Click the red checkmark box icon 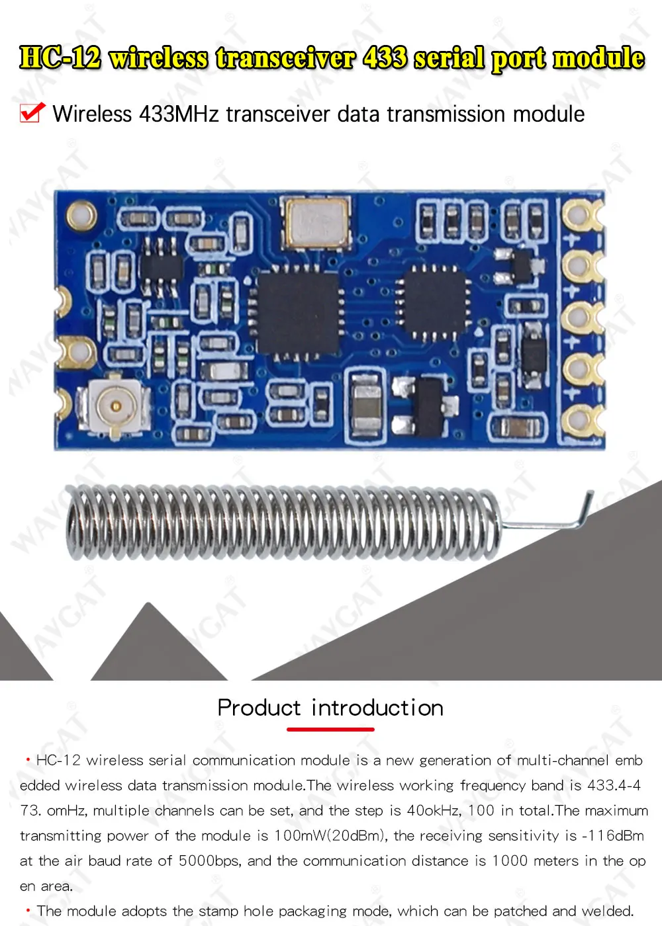tap(32, 113)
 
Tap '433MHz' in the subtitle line tap(179, 114)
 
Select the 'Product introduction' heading tap(330, 708)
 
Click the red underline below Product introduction tap(330, 729)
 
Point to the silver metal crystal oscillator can tap(316, 220)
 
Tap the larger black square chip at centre tap(297, 312)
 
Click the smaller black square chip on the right tap(434, 302)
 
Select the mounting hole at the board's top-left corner tap(80, 215)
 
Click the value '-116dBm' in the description tap(613, 835)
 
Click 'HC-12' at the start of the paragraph tap(58, 760)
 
